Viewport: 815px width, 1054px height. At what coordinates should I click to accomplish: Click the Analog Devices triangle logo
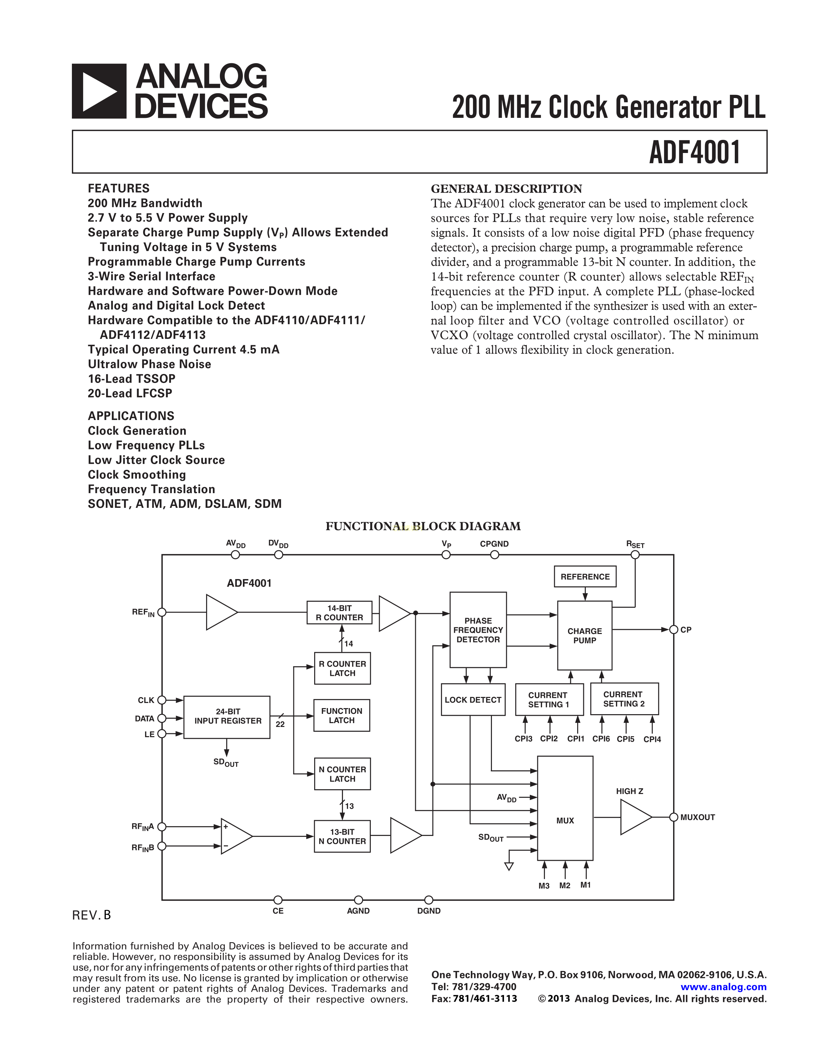[99, 91]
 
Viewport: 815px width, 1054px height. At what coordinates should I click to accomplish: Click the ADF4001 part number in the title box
[694, 152]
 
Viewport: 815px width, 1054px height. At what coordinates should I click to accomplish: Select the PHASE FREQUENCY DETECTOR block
[478, 630]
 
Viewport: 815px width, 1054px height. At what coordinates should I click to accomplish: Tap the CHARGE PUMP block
[585, 635]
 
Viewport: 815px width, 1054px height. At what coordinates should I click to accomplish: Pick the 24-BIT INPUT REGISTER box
[227, 717]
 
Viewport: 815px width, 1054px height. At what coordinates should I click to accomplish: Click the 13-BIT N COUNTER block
[342, 836]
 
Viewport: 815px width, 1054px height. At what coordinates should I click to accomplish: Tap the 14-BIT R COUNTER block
[339, 613]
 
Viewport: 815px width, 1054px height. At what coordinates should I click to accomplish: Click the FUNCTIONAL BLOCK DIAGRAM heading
[423, 526]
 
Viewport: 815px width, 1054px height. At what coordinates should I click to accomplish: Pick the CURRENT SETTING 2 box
[624, 699]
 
